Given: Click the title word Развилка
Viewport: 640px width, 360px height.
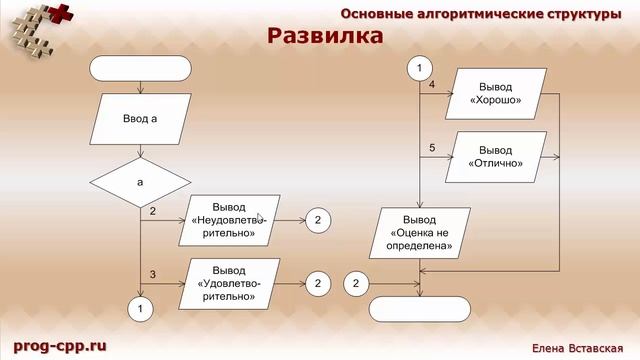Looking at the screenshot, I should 325,37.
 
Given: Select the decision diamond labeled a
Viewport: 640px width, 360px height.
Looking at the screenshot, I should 140,182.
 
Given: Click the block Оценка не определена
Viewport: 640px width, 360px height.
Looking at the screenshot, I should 425,232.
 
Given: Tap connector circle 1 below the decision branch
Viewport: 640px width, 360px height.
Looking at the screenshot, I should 140,309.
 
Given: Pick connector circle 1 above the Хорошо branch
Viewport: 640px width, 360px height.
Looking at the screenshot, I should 419,68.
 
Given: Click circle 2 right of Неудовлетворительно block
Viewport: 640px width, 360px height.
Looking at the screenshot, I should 317,221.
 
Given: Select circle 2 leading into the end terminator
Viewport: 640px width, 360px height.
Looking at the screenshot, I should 356,284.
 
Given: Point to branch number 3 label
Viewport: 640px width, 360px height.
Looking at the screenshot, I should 153,273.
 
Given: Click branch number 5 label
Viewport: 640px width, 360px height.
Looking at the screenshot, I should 432,148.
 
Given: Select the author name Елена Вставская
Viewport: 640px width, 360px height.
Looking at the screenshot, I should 577,347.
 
